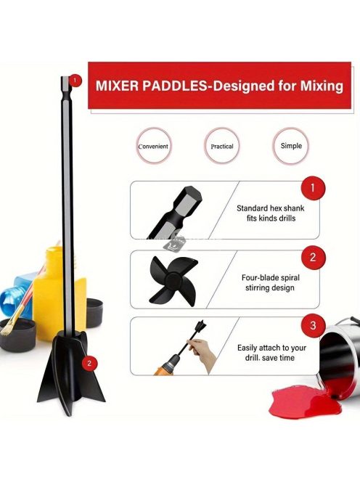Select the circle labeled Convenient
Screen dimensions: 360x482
pos(153,147)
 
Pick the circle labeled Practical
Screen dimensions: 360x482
pos(221,146)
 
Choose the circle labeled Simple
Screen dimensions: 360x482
pos(291,146)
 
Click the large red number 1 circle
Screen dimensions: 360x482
pos(313,188)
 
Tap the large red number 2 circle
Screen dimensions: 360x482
pos(313,257)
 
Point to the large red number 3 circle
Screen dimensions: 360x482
pos(313,325)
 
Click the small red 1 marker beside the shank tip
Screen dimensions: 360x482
pos(75,81)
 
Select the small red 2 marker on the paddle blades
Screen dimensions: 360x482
pos(89,363)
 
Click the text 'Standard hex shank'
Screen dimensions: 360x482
pos(270,208)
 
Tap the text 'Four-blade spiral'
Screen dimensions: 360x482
pos(270,277)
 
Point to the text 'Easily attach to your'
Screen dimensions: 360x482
pos(271,348)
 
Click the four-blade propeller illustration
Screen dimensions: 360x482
pos(173,280)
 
